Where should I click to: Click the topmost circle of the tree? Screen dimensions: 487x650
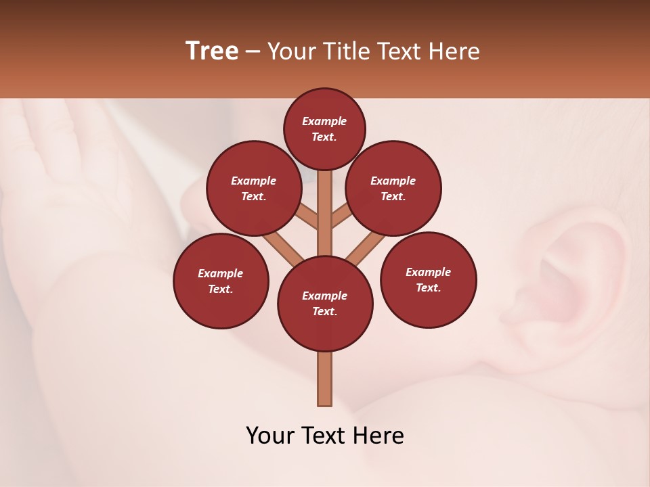click(324, 129)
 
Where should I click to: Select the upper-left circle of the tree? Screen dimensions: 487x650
click(254, 188)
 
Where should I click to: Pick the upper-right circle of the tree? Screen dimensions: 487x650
click(393, 188)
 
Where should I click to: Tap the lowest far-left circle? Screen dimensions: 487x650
click(221, 281)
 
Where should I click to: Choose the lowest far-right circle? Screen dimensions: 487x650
click(429, 279)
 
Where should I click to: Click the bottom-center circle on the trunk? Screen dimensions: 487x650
click(325, 303)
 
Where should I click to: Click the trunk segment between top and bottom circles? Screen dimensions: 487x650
click(325, 213)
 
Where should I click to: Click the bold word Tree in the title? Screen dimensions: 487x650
click(212, 51)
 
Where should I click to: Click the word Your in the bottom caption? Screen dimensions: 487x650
click(271, 436)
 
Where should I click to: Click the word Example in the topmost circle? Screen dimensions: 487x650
click(324, 121)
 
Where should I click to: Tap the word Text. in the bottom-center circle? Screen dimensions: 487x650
click(324, 311)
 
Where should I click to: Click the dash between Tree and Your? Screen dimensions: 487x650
click(253, 51)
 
